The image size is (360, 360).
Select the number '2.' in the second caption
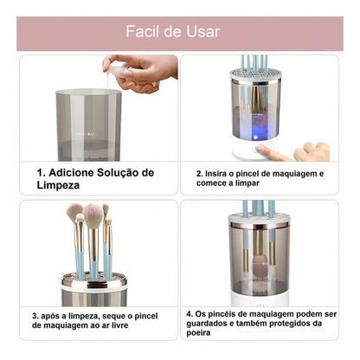199,173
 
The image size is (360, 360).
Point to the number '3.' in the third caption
36,317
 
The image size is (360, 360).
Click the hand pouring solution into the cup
143,71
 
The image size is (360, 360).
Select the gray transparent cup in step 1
88,125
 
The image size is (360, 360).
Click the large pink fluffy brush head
94,215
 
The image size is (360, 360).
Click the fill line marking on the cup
89,135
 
